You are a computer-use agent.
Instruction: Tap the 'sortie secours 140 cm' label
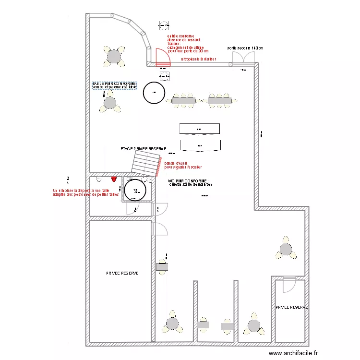click(x=245, y=48)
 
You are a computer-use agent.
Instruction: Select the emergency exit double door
click(x=244, y=59)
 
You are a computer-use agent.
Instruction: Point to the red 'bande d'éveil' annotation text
click(x=182, y=165)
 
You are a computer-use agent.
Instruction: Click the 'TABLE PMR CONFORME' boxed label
click(x=114, y=85)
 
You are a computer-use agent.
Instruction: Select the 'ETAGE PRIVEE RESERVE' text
click(x=143, y=149)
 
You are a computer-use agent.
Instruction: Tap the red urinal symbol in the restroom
click(x=114, y=179)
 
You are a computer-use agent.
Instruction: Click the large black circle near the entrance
click(x=154, y=92)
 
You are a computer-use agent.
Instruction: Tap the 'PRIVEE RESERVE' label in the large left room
click(x=122, y=273)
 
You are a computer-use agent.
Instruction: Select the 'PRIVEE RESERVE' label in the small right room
click(x=291, y=307)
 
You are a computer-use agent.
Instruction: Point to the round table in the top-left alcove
click(x=114, y=56)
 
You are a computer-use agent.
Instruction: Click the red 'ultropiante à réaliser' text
click(x=198, y=59)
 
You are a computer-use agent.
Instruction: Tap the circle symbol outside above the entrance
click(x=164, y=25)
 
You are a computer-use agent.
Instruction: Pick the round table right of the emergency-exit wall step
click(x=286, y=249)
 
